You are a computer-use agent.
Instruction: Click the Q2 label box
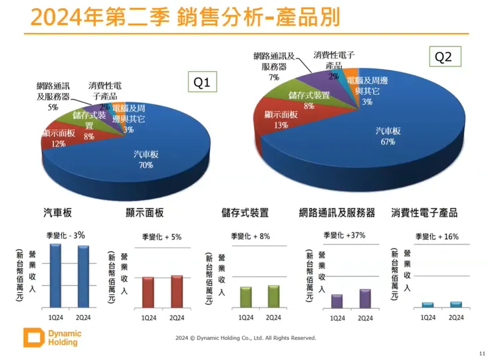(443, 57)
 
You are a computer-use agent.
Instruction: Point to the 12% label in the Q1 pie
(59, 143)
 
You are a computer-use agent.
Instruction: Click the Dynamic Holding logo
(50, 337)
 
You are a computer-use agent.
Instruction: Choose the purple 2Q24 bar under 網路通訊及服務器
(365, 298)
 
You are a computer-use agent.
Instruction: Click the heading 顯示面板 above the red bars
(144, 213)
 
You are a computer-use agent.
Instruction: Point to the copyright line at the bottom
(246, 337)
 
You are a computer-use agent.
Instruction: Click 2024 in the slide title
(42, 17)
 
